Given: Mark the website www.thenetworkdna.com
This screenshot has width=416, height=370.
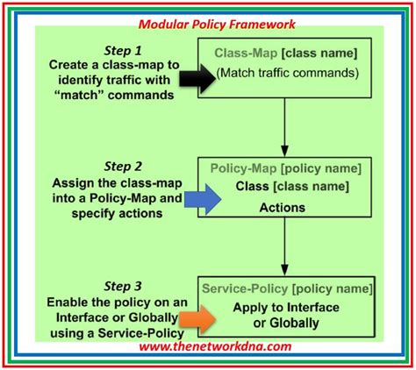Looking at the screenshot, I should [x=213, y=348].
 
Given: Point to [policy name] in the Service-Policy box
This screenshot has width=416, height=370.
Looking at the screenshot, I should [x=328, y=288].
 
